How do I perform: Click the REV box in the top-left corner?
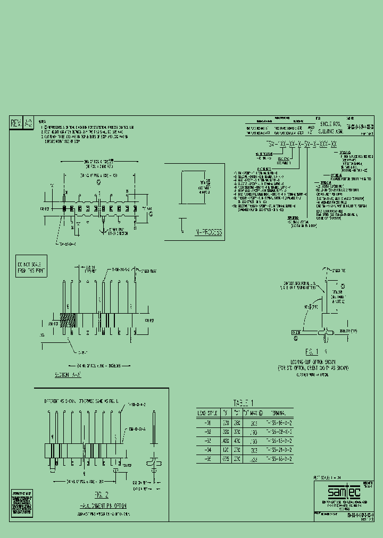tap(16, 123)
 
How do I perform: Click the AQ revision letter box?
tap(29, 123)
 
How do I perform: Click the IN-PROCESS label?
tap(202, 232)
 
